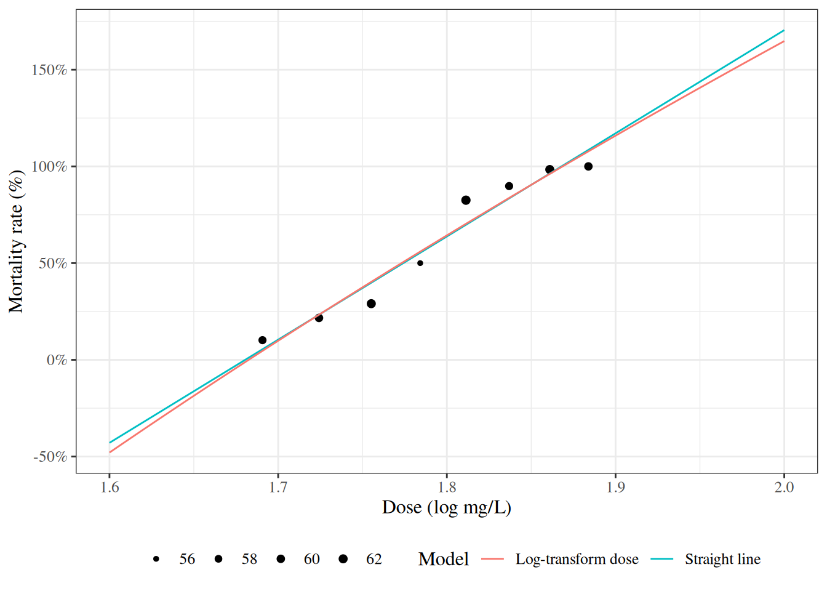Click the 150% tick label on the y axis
pos(49,70)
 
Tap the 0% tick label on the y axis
pos(57,360)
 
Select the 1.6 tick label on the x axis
pos(110,488)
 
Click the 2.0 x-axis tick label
pos(784,488)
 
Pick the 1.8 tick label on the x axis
pos(447,488)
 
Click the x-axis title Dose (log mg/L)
pos(447,507)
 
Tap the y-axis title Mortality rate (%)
pos(17,241)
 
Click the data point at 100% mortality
pos(588,166)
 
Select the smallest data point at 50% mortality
pos(420,263)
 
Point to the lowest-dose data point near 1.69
pos(263,340)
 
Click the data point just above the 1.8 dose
pos(466,200)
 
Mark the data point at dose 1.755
pos(371,304)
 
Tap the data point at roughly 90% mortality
pos(509,186)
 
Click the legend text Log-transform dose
pos(577,559)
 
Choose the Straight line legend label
pos(722,559)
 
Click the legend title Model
pos(443,559)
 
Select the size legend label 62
pos(374,559)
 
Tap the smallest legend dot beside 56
pos(156,559)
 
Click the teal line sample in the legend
pos(661,559)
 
